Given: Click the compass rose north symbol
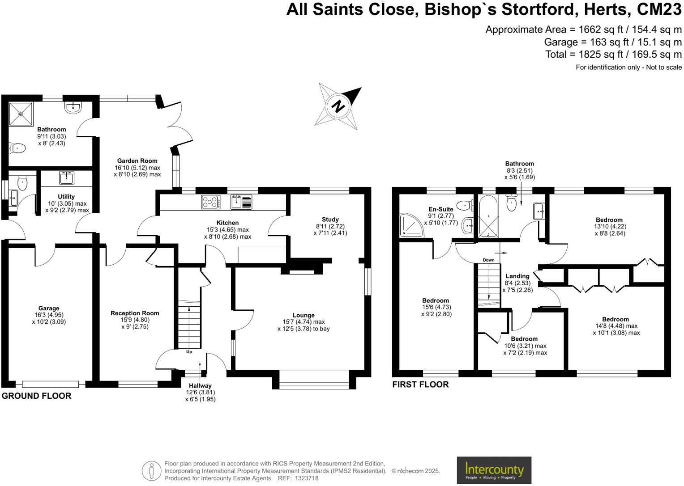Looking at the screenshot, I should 339,106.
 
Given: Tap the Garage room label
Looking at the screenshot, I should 48,308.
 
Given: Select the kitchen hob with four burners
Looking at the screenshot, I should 210,202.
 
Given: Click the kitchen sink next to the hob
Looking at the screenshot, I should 241,202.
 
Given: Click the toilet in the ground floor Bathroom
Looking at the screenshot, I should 17,148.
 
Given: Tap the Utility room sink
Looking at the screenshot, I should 67,178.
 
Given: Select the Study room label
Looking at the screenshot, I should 330,220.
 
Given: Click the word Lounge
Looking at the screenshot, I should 304,315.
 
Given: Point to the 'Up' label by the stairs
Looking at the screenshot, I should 189,352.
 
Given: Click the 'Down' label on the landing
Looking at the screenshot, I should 488,260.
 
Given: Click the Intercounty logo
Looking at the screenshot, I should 494,470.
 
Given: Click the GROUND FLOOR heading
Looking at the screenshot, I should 36,396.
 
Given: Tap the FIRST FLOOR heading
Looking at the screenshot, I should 420,385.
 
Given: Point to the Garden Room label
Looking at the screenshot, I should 137,161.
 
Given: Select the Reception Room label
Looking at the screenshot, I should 135,313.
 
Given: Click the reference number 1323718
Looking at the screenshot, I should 306,478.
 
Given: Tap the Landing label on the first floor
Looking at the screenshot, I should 517,276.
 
